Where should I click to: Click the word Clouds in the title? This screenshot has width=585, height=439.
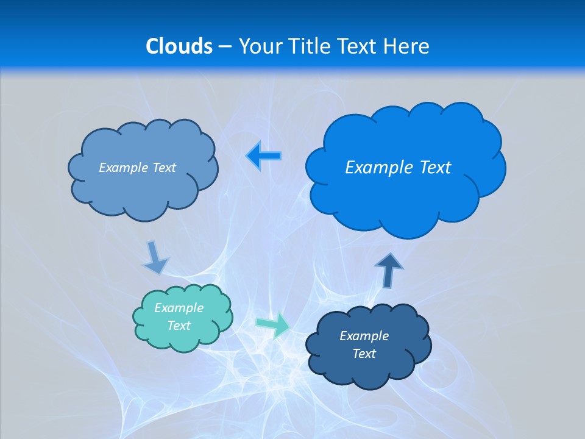[179, 46]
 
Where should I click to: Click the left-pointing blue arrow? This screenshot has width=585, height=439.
[263, 156]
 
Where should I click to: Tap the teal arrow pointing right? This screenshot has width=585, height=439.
[272, 324]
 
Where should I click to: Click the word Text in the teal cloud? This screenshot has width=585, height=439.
[179, 326]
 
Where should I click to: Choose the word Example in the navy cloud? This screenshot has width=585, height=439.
[364, 336]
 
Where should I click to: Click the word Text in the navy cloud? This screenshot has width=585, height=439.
[364, 354]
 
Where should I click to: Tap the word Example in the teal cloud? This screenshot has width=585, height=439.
[179, 308]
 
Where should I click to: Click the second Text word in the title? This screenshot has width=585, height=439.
[356, 46]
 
